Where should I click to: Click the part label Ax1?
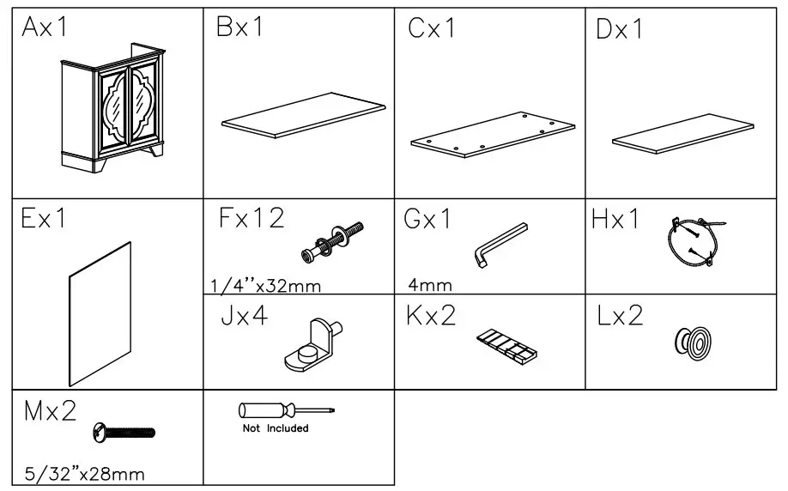pyautogui.click(x=45, y=27)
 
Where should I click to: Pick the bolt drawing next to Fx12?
pyautogui.click(x=333, y=241)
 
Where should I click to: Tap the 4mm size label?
pyautogui.click(x=430, y=285)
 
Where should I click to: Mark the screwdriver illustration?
pyautogui.click(x=285, y=410)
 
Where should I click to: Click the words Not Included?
pyautogui.click(x=275, y=427)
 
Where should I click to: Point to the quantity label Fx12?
pyautogui.click(x=250, y=219)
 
